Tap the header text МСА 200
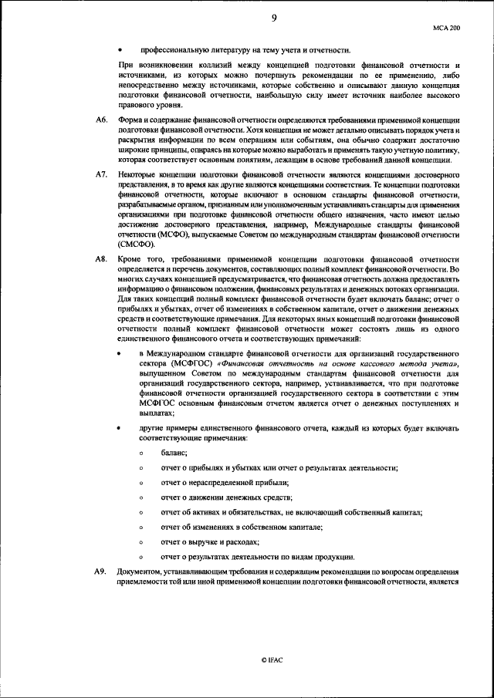[x=448, y=28]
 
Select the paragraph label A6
[x=100, y=121]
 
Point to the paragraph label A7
[x=100, y=176]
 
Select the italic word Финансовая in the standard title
[x=247, y=362]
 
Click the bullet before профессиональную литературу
[x=120, y=49]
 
